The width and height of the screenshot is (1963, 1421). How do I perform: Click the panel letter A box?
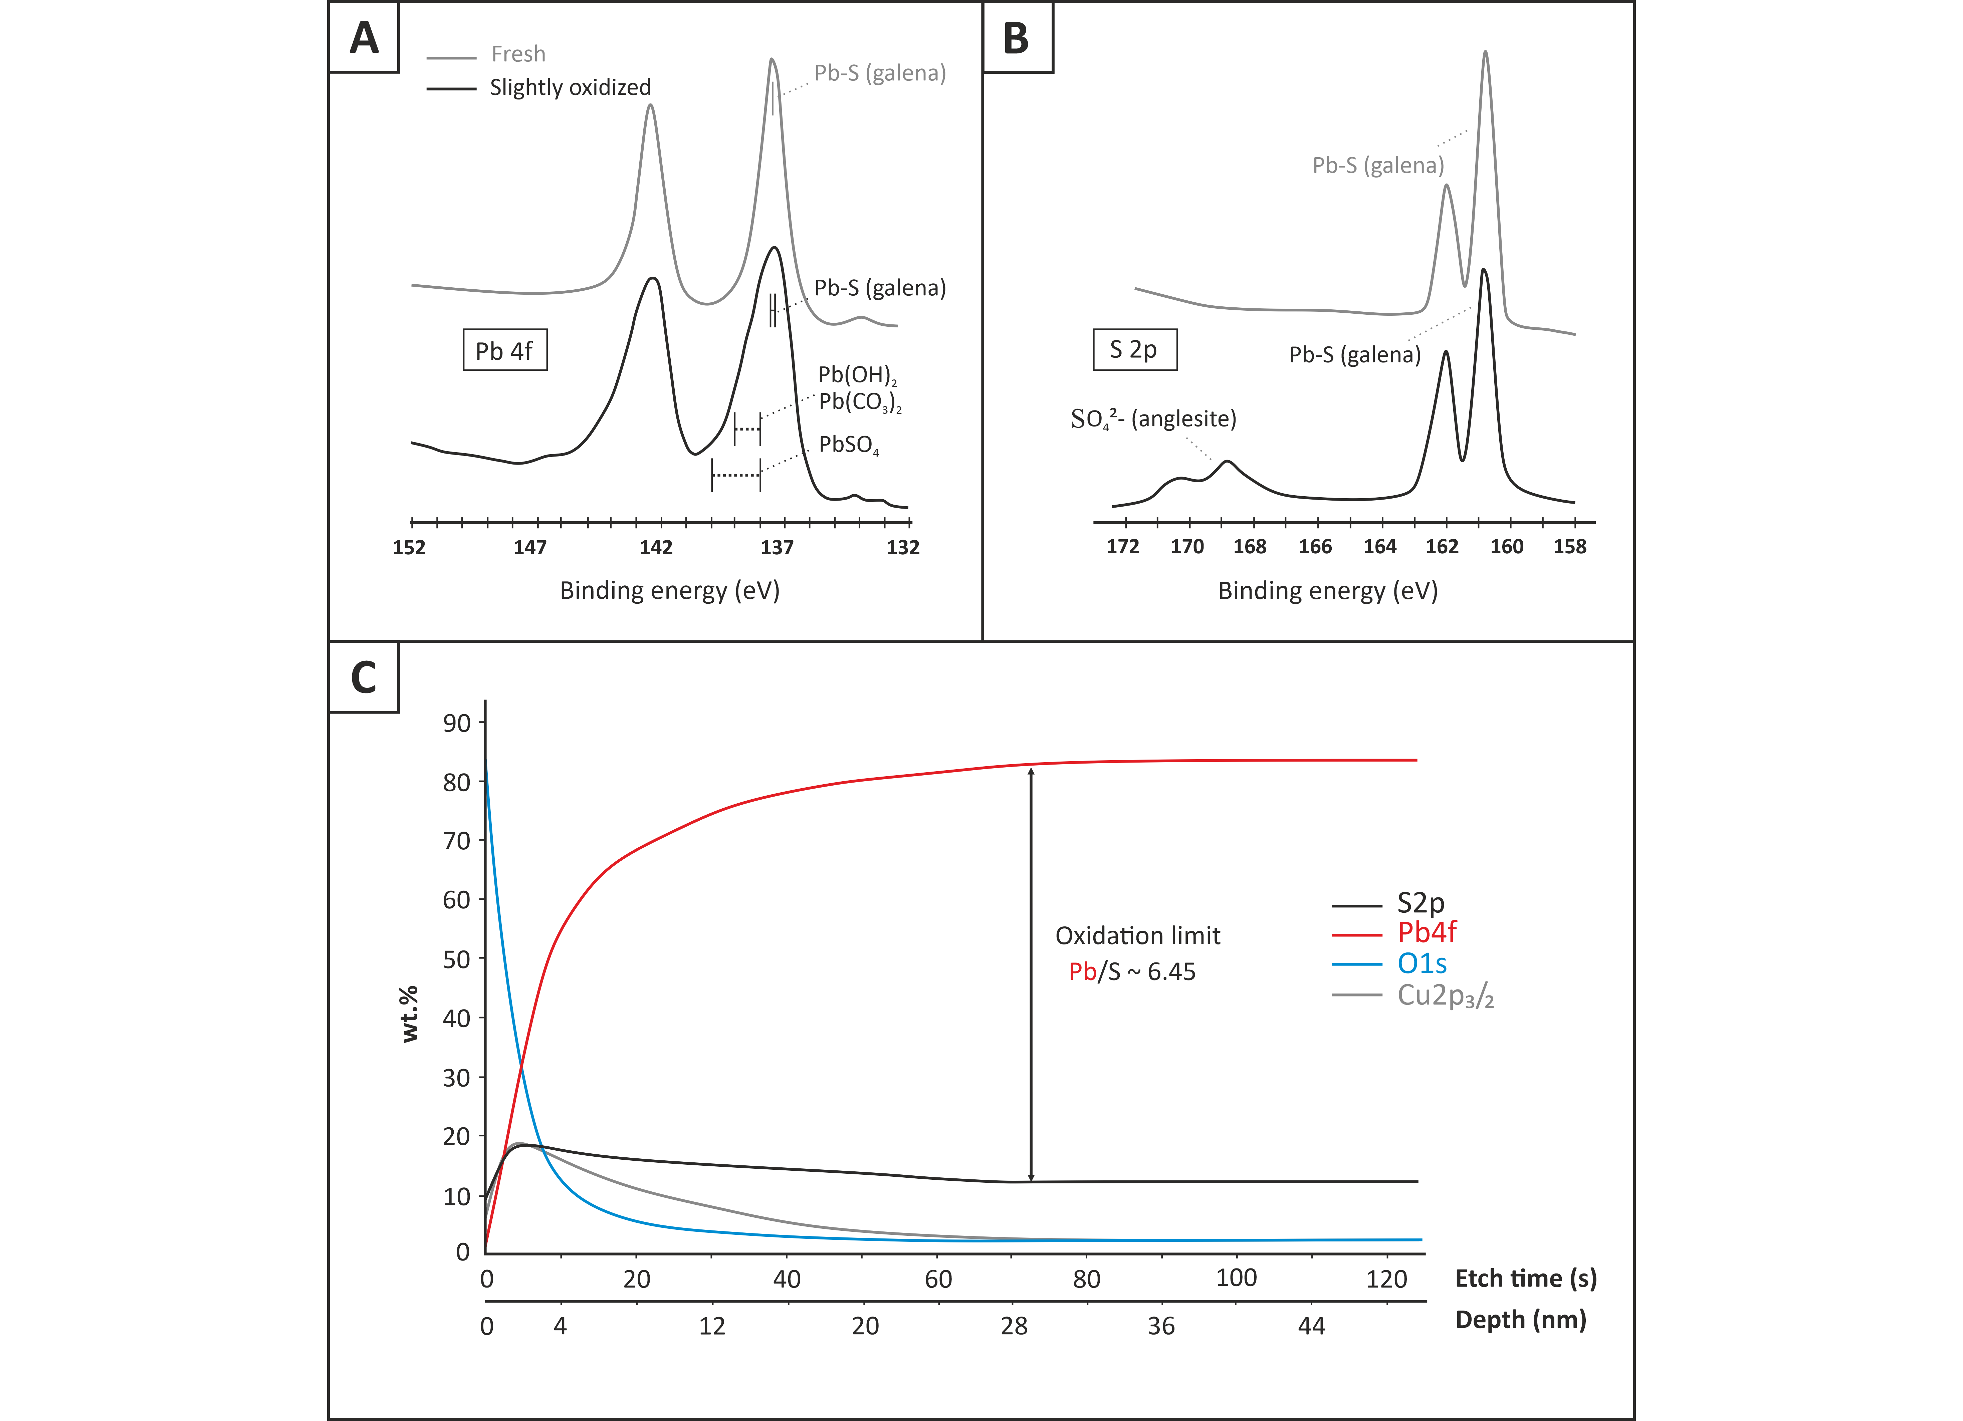pos(364,37)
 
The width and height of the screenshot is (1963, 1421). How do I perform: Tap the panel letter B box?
pos(1018,37)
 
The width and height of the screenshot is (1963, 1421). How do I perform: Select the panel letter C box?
pos(364,677)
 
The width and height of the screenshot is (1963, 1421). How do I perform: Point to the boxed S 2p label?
pos(1135,350)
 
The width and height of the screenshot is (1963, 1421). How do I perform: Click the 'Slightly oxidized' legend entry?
pos(539,87)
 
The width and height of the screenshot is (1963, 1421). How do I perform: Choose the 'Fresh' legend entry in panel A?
pos(486,54)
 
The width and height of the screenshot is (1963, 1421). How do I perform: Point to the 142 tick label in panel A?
pos(656,547)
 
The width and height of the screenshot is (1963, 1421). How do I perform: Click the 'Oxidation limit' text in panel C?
pos(1137,935)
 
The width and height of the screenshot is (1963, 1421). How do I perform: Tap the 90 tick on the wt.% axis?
pos(457,724)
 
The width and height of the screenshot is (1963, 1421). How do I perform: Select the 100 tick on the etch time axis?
pos(1236,1278)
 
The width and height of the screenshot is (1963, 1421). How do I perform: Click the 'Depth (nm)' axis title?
pos(1521,1320)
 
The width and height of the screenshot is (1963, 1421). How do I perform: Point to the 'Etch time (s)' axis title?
pos(1526,1279)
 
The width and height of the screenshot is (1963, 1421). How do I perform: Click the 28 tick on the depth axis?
pos(1015,1326)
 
